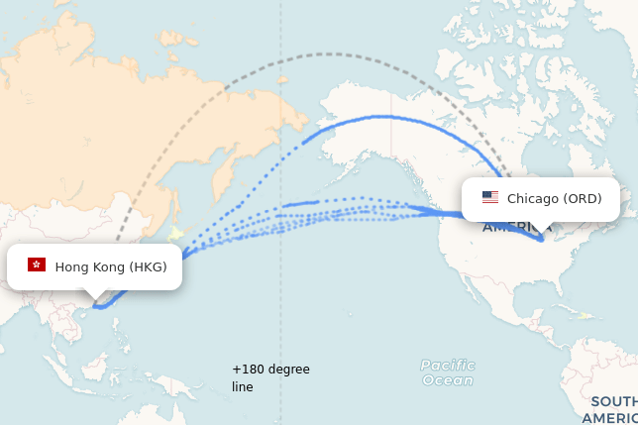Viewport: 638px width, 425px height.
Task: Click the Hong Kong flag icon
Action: tap(37, 265)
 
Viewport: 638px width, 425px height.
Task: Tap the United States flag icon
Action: tap(490, 197)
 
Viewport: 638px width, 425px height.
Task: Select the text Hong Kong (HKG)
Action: tap(110, 266)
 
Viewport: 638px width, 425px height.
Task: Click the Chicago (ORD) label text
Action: tap(554, 198)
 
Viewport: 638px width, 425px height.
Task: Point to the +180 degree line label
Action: tap(270, 377)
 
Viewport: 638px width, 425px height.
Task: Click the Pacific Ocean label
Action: tap(447, 372)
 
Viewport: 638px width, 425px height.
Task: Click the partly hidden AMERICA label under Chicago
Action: tap(516, 228)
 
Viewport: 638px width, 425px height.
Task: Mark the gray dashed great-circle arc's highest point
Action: tap(327, 54)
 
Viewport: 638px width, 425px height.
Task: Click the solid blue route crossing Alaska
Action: tap(396, 117)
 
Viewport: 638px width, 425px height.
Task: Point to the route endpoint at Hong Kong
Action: tap(97, 306)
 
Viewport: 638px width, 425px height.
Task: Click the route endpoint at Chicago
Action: tap(541, 238)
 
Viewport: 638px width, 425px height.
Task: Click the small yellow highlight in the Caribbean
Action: tap(585, 316)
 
